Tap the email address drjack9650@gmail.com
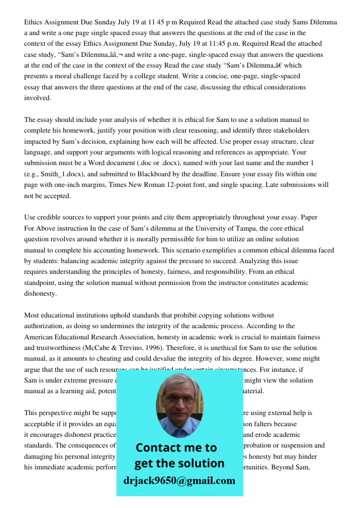[179, 480]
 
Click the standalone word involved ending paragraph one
[38, 98]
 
